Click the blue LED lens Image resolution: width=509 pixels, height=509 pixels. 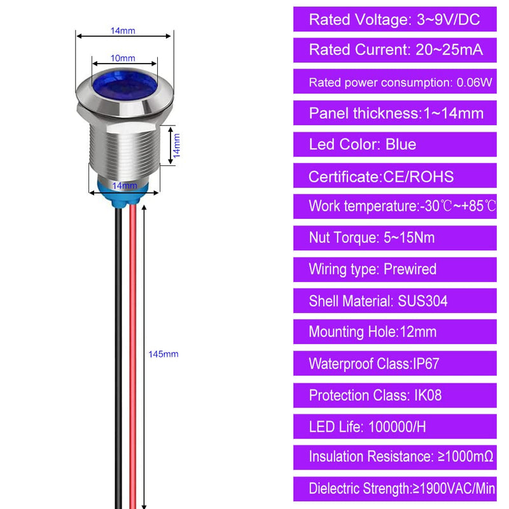(125, 85)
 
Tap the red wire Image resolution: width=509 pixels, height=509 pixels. (133, 356)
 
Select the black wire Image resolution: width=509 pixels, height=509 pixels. (119, 357)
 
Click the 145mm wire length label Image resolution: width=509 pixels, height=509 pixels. (164, 354)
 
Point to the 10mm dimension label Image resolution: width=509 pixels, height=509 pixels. (123, 58)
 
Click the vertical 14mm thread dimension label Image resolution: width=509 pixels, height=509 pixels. (176, 146)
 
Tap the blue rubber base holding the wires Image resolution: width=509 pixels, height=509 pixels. (123, 192)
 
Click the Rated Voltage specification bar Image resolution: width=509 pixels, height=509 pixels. (394, 19)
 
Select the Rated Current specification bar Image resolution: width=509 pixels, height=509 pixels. (394, 50)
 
